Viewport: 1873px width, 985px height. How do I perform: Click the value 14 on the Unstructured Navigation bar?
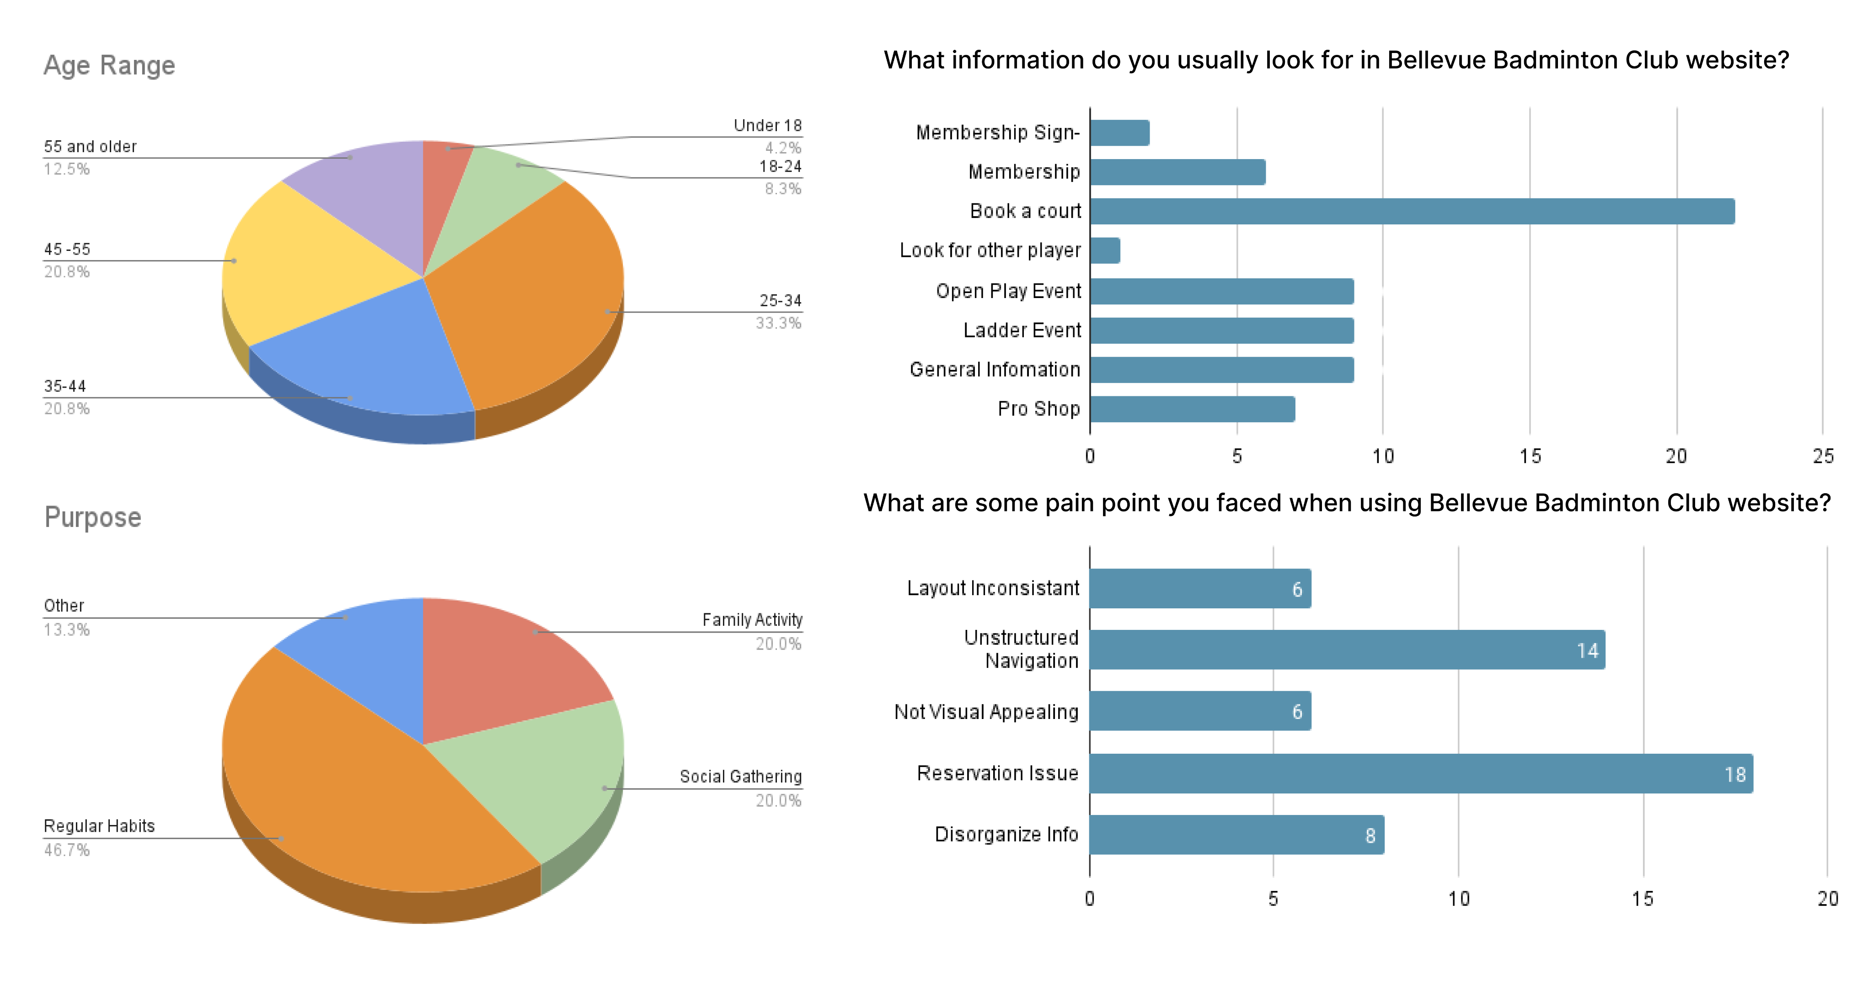[x=1587, y=650]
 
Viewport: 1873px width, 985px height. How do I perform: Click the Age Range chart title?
[x=109, y=65]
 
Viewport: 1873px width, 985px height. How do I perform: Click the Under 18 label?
[x=767, y=126]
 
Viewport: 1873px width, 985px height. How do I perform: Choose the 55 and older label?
[x=90, y=147]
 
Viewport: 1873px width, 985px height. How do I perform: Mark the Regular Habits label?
[x=99, y=826]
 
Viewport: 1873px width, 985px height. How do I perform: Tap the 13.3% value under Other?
[x=67, y=629]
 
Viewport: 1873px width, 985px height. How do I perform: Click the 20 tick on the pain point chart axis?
[x=1827, y=899]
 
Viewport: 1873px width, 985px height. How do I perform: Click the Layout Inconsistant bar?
[x=1200, y=589]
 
